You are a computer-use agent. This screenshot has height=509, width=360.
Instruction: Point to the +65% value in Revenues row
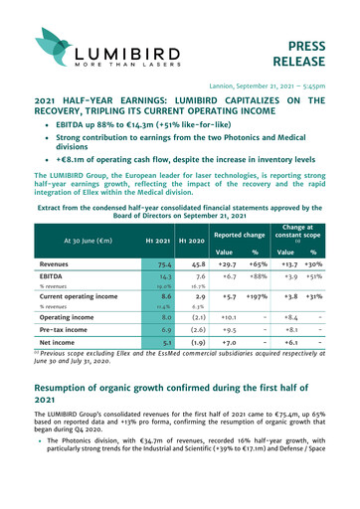(x=264, y=264)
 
